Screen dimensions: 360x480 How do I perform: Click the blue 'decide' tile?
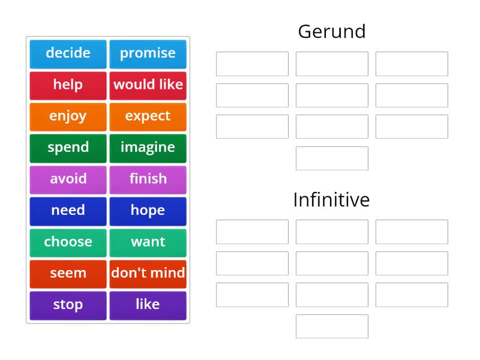(68, 54)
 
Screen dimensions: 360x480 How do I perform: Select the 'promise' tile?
(148, 54)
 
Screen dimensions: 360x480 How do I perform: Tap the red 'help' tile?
(68, 85)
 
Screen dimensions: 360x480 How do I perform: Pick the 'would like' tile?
(148, 85)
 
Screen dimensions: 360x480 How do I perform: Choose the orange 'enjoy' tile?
(68, 116)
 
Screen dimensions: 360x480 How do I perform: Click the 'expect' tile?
(148, 116)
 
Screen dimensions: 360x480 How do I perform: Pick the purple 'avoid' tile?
(68, 179)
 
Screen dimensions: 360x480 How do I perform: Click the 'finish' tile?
(148, 179)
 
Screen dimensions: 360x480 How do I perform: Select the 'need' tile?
(68, 211)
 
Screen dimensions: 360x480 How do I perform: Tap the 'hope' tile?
(148, 211)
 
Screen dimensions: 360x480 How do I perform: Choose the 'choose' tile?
(68, 242)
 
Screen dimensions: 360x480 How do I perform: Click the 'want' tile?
(148, 242)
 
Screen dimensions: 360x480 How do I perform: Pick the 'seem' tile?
(68, 274)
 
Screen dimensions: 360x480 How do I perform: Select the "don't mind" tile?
(148, 274)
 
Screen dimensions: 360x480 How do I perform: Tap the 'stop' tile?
(68, 305)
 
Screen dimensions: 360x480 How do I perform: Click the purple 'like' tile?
(148, 305)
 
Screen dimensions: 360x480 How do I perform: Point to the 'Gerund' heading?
(332, 32)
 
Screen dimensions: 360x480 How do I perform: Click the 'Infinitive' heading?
(331, 200)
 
